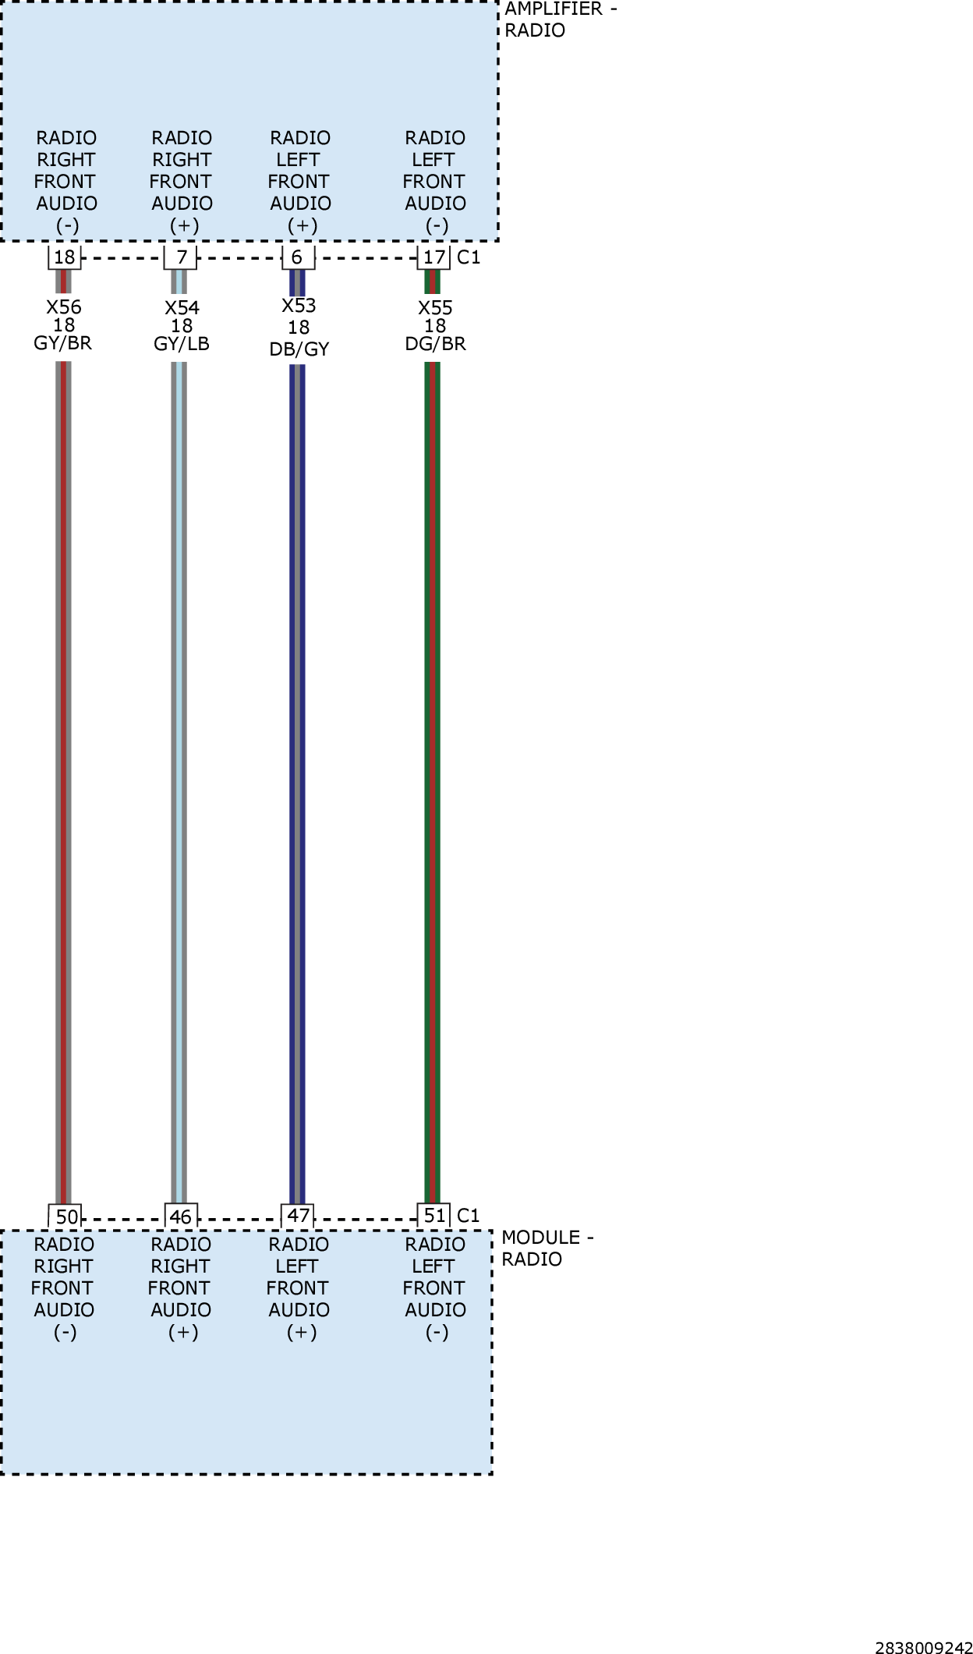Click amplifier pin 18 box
tap(64, 257)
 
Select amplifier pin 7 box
tap(180, 257)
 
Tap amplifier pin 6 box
tap(297, 257)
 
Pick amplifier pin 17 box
tap(433, 257)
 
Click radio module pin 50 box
tap(65, 1216)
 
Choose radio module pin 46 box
tap(181, 1216)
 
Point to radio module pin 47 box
tap(297, 1216)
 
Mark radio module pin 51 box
tap(433, 1216)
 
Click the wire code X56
tap(64, 307)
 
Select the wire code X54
tap(182, 308)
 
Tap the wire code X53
tap(299, 306)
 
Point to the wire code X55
tap(435, 308)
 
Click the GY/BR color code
tap(63, 343)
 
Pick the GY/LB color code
tap(182, 344)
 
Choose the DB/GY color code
tap(299, 349)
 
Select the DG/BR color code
tap(435, 344)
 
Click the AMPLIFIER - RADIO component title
tap(561, 19)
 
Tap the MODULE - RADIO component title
tap(547, 1248)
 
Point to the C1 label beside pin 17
tap(469, 257)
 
